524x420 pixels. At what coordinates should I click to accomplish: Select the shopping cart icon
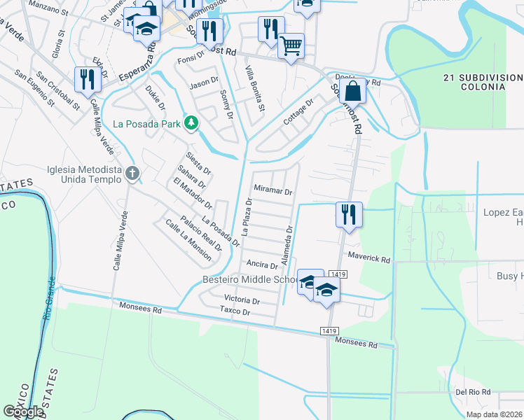(291, 47)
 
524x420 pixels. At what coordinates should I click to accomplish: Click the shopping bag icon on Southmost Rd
(354, 90)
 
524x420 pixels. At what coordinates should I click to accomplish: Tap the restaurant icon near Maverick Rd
(348, 213)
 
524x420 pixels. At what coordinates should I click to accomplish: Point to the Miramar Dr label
(273, 190)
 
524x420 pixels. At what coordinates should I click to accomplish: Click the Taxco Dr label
(234, 311)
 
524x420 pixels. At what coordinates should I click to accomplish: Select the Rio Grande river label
(48, 308)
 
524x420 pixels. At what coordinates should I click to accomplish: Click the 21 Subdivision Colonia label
(483, 81)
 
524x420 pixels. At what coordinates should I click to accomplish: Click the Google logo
(23, 412)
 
